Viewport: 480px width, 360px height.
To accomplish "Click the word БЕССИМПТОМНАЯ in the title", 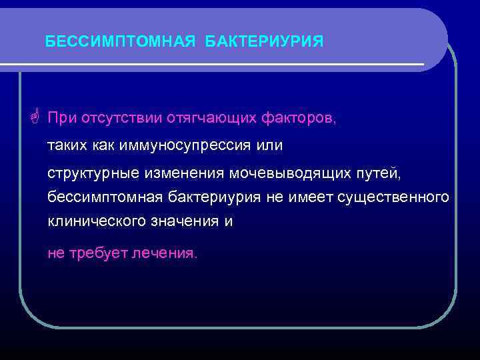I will coord(120,42).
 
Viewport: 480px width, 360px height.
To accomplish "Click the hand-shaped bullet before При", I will coord(35,118).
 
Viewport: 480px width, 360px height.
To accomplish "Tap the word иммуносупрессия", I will coord(195,145).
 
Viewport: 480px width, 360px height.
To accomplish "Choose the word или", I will coord(269,145).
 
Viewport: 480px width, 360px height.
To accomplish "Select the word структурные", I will coord(93,173).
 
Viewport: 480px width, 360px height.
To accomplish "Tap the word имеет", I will coord(316,198).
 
